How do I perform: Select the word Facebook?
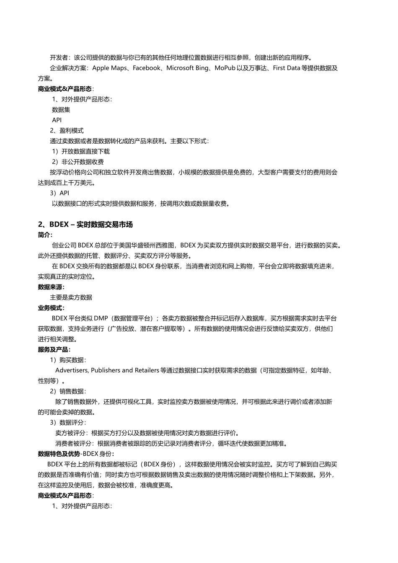coord(146,68)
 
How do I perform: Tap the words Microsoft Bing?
coord(187,68)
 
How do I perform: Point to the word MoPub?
coord(225,68)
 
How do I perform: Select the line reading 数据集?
coord(61,110)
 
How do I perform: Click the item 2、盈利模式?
coord(67,131)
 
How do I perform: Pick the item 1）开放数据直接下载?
coord(80,152)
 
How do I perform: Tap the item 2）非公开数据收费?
coord(78,162)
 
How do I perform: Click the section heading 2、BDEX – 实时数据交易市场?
coord(85,225)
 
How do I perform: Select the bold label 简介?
coord(45,235)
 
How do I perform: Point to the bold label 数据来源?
coord(51,287)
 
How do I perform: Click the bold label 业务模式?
coord(51,308)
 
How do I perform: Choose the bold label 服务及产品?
coord(54,349)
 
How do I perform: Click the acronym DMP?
coord(101,318)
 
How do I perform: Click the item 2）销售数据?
coord(67,391)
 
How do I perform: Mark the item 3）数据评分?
coord(67,422)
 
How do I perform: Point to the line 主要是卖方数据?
coord(71,297)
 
